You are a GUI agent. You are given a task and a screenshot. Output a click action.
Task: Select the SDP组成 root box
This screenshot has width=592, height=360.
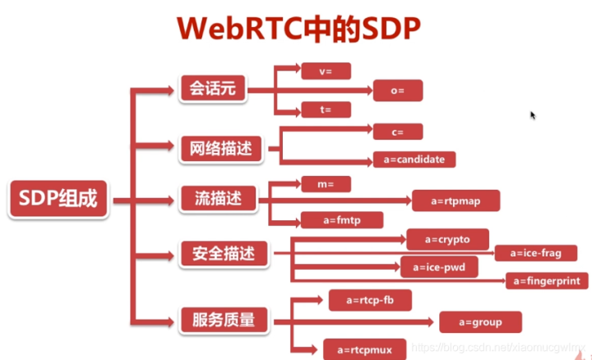point(58,199)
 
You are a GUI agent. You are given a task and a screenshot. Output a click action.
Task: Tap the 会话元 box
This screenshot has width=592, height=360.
point(213,88)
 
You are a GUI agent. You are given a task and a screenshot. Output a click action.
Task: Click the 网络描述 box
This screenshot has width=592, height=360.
point(220,149)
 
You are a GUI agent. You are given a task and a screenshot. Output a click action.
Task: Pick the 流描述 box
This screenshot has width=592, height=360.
point(218,198)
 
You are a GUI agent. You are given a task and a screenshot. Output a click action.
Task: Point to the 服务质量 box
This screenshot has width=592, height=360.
point(224,317)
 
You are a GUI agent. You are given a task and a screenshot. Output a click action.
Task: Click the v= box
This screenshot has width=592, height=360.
point(326,71)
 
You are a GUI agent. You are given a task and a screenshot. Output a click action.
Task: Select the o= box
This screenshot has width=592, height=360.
point(399,90)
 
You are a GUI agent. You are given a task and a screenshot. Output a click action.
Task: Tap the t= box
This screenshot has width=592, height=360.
point(326,109)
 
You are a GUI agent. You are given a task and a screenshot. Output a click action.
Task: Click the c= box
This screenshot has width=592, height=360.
point(398,131)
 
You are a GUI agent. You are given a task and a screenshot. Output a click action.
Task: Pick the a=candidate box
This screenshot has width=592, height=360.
point(414,159)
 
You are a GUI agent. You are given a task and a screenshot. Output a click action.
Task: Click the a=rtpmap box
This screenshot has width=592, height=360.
point(456,200)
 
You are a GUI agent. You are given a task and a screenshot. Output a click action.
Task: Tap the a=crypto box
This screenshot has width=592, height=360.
point(448,239)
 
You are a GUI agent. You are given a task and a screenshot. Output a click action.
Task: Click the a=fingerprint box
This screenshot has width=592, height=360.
point(547,280)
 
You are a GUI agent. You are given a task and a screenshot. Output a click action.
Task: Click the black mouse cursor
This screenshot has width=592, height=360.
point(533,115)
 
